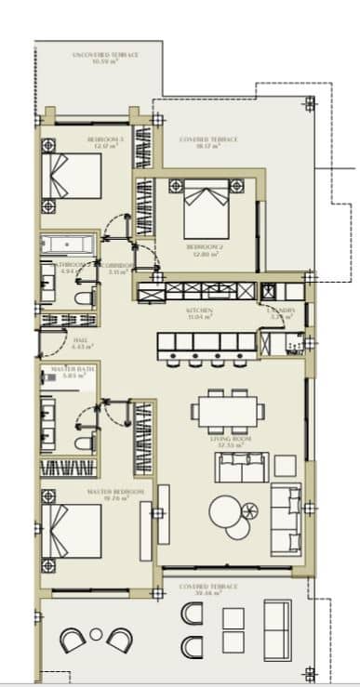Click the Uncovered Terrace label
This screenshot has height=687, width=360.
point(105,59)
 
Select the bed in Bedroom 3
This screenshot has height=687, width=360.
point(72,178)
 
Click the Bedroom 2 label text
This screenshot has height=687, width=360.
point(202,250)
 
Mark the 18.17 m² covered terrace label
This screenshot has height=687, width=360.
point(209,141)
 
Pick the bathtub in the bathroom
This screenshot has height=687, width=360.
point(68,246)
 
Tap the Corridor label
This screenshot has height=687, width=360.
point(117,269)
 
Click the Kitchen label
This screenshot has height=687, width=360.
point(199,313)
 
